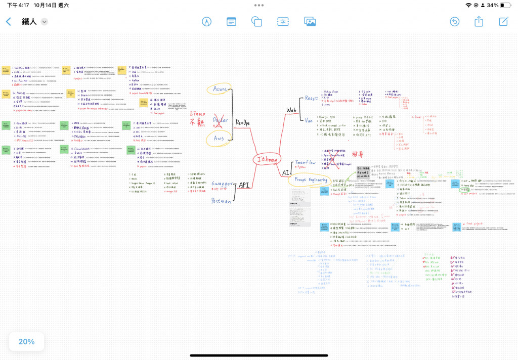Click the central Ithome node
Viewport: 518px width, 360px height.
coord(268,159)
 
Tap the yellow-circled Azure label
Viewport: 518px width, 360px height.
coord(220,89)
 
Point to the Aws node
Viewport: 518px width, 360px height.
coord(219,138)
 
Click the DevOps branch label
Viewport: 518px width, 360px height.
coord(242,123)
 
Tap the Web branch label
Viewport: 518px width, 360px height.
coord(291,110)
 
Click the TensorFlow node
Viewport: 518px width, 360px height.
coord(305,163)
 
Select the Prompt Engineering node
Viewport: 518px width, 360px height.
coord(311,180)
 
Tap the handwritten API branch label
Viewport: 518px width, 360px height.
coord(244,185)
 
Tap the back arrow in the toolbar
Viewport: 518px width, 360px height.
coord(8,21)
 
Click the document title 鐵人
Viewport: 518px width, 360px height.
coord(30,21)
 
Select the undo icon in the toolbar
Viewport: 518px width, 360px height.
coord(455,21)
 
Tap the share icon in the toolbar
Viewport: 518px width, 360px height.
coord(479,21)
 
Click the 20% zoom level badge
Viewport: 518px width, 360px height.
coord(26,341)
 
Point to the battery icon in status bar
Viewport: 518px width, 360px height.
coord(507,5)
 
